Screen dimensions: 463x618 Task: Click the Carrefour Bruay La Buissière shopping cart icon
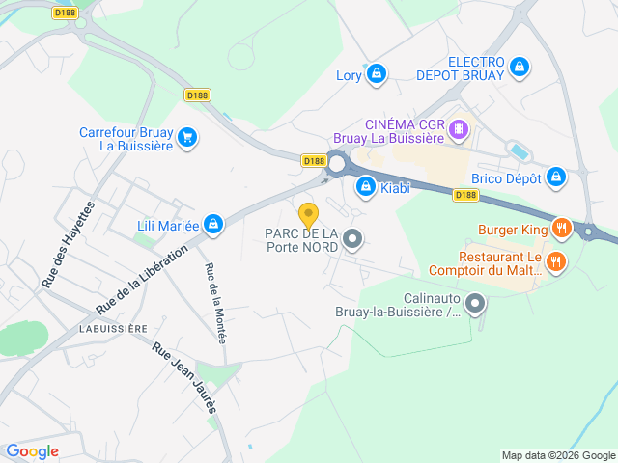187,137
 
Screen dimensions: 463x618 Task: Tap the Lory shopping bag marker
377,73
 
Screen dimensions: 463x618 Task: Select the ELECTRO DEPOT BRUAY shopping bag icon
520,67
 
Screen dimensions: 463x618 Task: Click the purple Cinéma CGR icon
460,128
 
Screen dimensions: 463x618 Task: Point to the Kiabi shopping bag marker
366,186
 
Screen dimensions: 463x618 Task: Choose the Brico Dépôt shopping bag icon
555,177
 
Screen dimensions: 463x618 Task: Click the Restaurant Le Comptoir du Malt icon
556,261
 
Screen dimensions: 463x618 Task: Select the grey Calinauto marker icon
474,305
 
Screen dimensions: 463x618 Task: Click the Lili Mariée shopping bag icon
213,226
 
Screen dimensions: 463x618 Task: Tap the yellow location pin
308,215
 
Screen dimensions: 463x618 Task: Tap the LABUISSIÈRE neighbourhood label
113,328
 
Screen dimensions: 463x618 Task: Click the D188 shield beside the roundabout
313,161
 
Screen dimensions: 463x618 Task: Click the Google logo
32,450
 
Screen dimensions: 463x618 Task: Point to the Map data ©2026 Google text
558,455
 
